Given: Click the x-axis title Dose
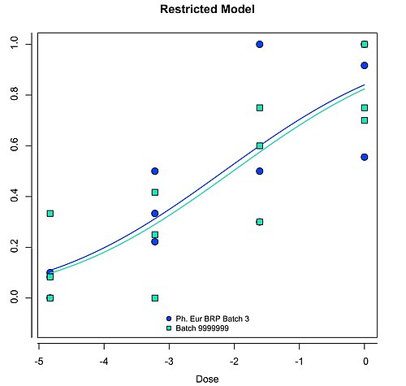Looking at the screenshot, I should [207, 378].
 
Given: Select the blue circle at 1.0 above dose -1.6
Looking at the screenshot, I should [260, 44].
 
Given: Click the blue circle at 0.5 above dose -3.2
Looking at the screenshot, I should [154, 171].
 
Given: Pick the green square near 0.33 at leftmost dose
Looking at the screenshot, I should [50, 214].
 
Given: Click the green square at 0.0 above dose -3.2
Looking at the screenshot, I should [154, 298].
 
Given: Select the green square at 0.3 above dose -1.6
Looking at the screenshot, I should [260, 222].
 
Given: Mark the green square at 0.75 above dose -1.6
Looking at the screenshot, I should [260, 107].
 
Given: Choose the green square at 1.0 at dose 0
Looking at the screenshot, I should [365, 44].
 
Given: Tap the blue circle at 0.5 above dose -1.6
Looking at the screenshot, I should [260, 171].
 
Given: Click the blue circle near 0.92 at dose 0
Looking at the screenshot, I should [365, 65].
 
